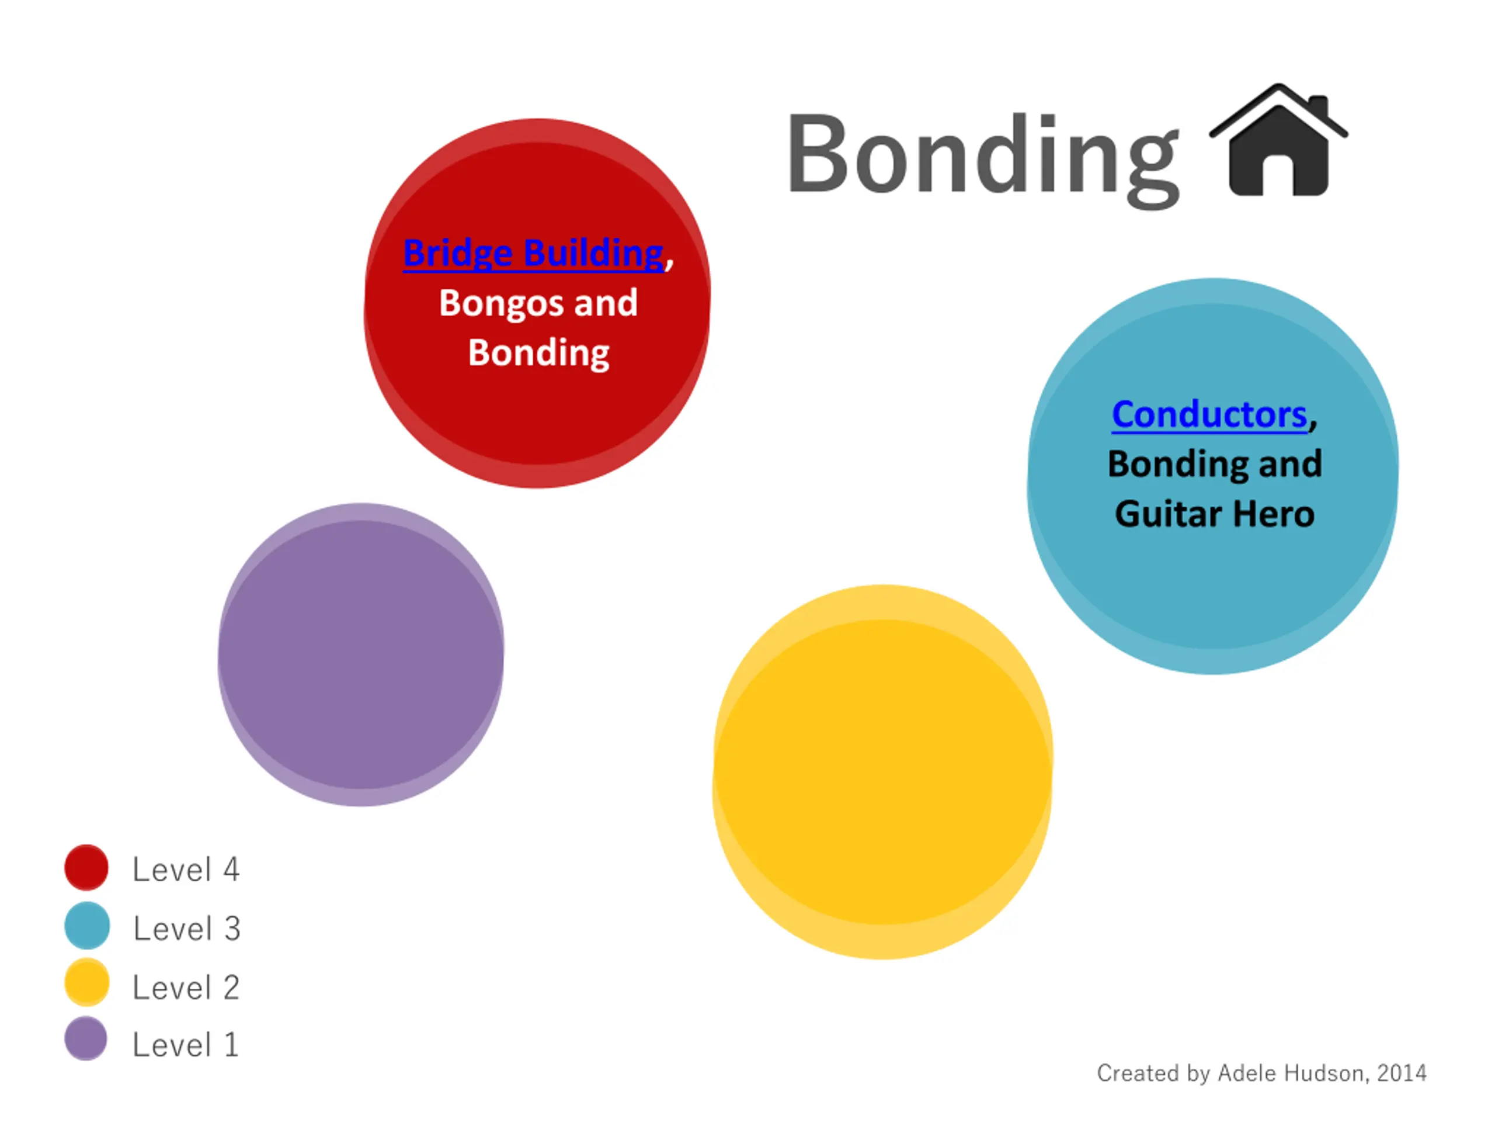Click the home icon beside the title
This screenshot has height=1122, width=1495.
pyautogui.click(x=1278, y=140)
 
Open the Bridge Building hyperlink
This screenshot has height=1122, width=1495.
pyautogui.click(x=533, y=253)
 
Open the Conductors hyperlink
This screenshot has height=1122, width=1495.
pyautogui.click(x=1209, y=414)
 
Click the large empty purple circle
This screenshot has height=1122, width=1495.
pyautogui.click(x=361, y=654)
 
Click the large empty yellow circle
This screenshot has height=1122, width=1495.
pyautogui.click(x=882, y=772)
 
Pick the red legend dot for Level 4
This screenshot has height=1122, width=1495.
pyautogui.click(x=86, y=867)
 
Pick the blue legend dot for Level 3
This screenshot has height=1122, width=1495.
pyautogui.click(x=86, y=925)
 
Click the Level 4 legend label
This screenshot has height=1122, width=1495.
pyautogui.click(x=186, y=870)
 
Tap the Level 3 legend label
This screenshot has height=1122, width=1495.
pyautogui.click(x=186, y=929)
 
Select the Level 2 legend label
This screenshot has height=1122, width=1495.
pyautogui.click(x=186, y=988)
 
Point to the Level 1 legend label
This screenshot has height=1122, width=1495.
pyautogui.click(x=185, y=1045)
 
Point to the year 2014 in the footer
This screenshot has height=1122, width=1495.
pyautogui.click(x=1402, y=1073)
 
